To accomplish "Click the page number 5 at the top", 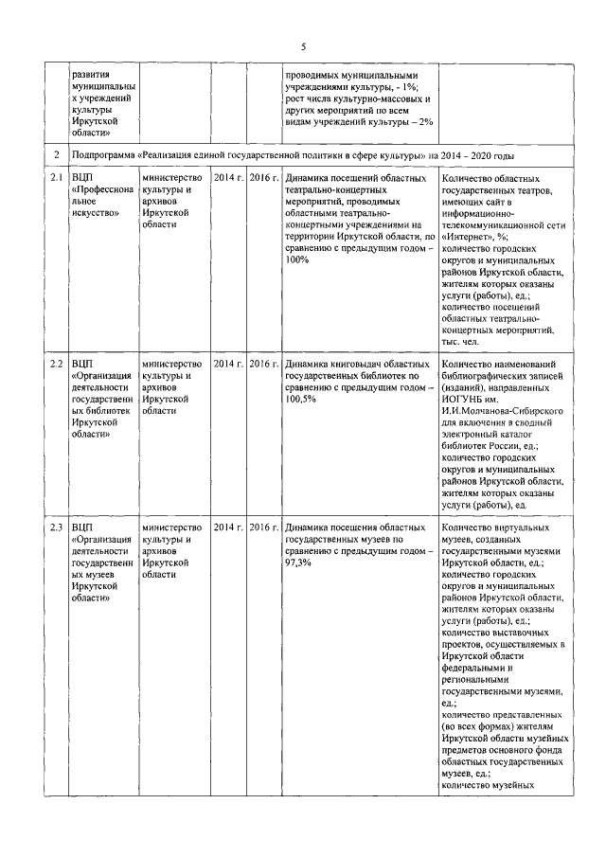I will pyautogui.click(x=303, y=45).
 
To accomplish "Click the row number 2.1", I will pyautogui.click(x=56, y=178).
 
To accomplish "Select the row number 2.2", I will pyautogui.click(x=56, y=364).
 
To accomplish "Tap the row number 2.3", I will pyautogui.click(x=56, y=527).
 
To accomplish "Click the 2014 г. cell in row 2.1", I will pyautogui.click(x=228, y=178).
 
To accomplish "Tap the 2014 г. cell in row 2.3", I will pyautogui.click(x=228, y=527).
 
